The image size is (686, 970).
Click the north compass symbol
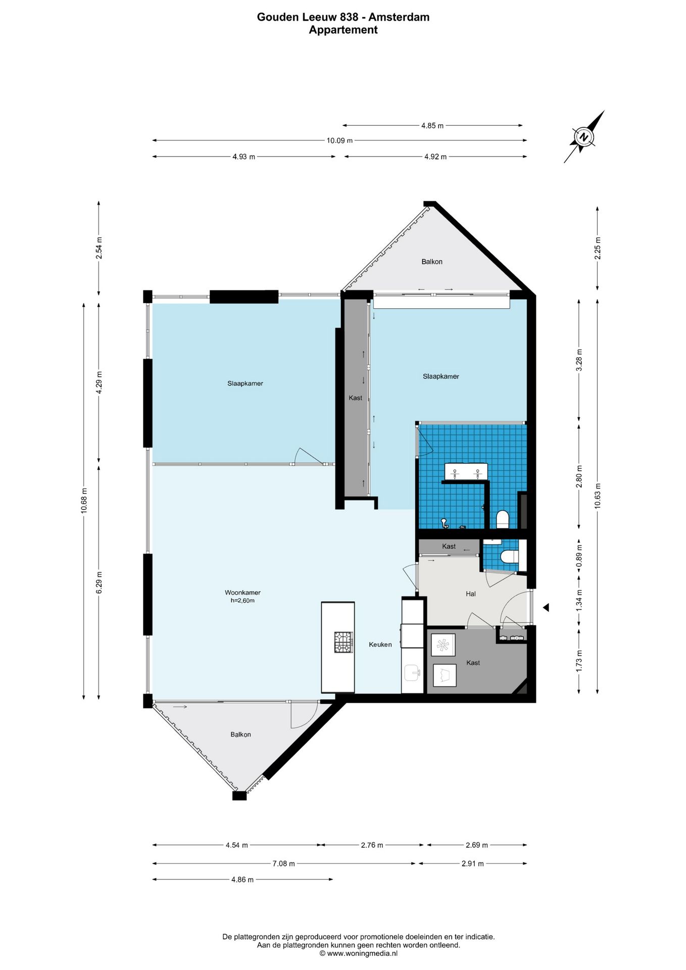[x=584, y=137]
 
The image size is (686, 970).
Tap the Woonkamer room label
[x=242, y=593]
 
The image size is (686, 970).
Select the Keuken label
[x=380, y=644]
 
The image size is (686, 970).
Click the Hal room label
[x=471, y=594]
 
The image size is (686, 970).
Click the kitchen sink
[x=413, y=672]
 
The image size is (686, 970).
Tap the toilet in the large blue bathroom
[x=502, y=520]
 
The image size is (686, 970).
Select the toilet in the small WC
[x=509, y=556]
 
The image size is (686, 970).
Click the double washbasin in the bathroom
[x=466, y=471]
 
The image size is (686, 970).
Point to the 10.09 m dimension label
[x=339, y=140]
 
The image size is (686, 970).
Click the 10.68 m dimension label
[x=84, y=501]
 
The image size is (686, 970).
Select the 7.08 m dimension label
[x=283, y=863]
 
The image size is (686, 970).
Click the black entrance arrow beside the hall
[x=546, y=608]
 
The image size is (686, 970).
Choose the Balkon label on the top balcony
[x=432, y=262]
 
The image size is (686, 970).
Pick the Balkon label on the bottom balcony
[x=240, y=735]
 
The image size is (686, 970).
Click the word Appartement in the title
[x=344, y=30]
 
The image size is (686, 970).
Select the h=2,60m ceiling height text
[x=242, y=601]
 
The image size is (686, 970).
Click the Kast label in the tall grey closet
[x=355, y=398]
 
